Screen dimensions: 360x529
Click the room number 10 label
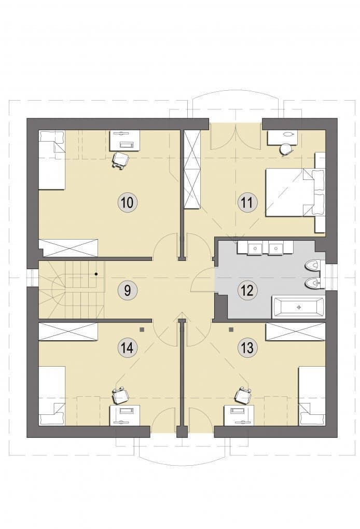tap(128, 203)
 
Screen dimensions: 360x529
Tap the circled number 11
tap(247, 203)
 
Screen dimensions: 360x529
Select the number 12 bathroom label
tap(247, 290)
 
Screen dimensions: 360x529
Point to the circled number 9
tap(128, 290)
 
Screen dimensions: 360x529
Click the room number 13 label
tap(247, 347)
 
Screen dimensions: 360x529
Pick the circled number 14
tap(128, 347)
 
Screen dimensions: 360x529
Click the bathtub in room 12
tap(299, 307)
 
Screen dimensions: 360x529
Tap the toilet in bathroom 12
tap(314, 266)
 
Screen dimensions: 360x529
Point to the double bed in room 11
tap(295, 192)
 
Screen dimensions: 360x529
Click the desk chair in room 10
tap(120, 160)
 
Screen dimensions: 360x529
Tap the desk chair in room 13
tap(242, 395)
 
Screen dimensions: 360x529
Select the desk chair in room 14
tap(120, 395)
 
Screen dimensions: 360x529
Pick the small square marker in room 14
tap(143, 329)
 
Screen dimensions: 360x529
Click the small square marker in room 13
tap(231, 329)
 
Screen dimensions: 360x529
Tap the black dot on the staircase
tap(96, 274)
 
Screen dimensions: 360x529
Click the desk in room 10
tap(125, 141)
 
